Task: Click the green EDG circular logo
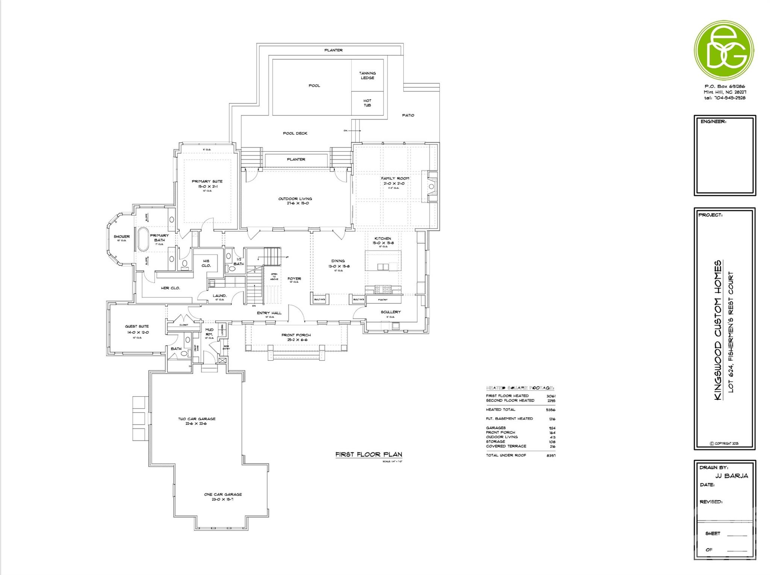point(723,50)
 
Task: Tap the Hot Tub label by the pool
point(367,103)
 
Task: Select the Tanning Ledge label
point(367,76)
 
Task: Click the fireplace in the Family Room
point(432,187)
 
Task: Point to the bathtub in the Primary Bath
point(143,239)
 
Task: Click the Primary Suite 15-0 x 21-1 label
point(207,184)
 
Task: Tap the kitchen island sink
point(383,267)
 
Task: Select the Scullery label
point(391,312)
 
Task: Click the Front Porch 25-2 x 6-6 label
point(296,337)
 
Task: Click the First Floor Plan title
point(368,454)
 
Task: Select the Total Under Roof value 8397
point(551,455)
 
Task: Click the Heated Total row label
point(500,410)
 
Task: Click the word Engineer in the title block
point(713,121)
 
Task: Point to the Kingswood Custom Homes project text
point(718,330)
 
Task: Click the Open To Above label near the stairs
point(274,276)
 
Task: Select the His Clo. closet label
point(206,263)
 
